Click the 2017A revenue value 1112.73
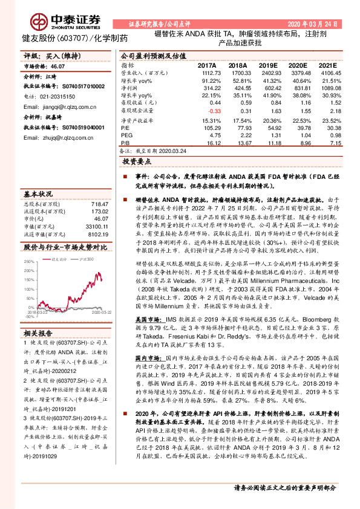coord(206,72)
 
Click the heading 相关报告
coord(39,332)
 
